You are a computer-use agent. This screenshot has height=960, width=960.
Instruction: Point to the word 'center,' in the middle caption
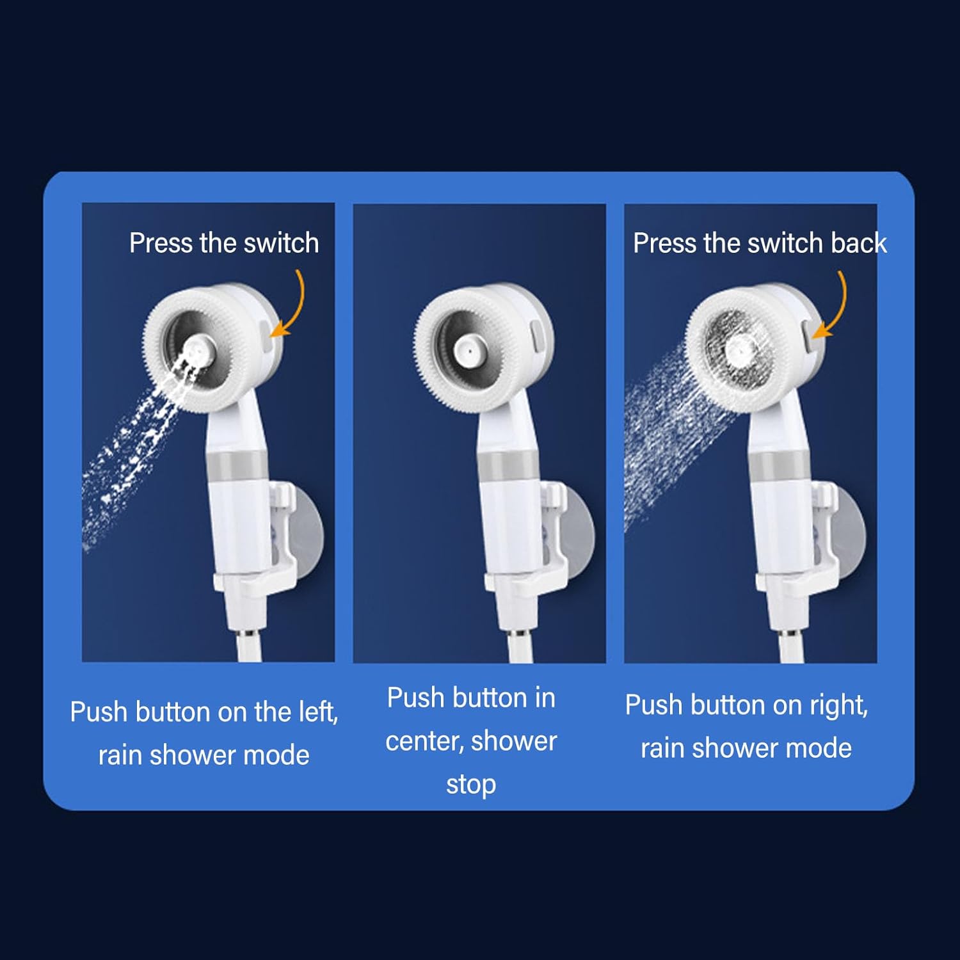pyautogui.click(x=424, y=741)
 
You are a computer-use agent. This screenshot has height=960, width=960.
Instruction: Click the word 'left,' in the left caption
pyautogui.click(x=318, y=712)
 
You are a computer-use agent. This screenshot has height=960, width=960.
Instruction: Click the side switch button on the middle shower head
pyautogui.click(x=537, y=335)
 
